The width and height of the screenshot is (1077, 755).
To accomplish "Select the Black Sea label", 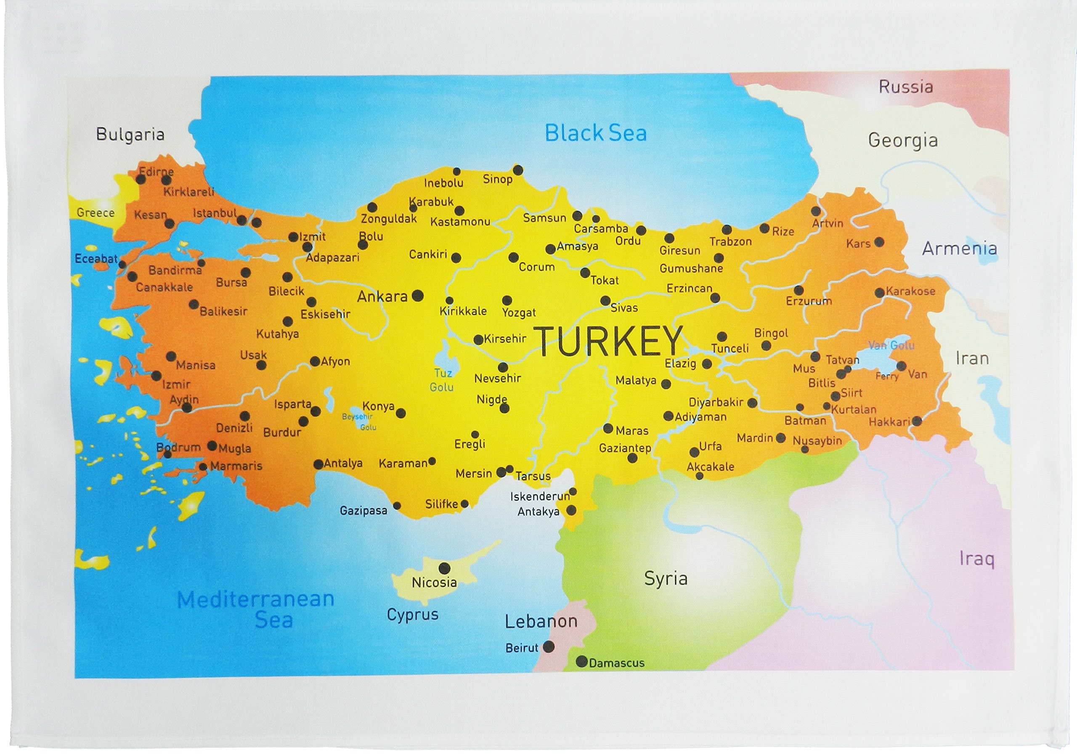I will click(595, 133).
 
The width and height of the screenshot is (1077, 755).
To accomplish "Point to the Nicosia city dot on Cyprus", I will click(444, 568).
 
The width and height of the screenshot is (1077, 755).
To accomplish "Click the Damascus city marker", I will click(582, 662).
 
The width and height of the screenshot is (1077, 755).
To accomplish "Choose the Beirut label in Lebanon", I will click(522, 648).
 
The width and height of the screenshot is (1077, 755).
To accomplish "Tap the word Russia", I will click(905, 87).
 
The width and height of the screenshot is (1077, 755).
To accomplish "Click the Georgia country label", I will click(902, 140).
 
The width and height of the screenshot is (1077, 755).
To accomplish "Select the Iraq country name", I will click(976, 559).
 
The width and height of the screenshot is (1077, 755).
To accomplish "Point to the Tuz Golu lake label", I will click(442, 380).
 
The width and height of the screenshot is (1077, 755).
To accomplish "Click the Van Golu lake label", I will click(891, 345).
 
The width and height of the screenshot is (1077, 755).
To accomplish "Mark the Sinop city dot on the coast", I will click(518, 170).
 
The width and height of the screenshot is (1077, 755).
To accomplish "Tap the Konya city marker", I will click(401, 413).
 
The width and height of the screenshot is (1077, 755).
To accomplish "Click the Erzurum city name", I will click(809, 301).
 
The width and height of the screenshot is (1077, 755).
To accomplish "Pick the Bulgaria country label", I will click(130, 135).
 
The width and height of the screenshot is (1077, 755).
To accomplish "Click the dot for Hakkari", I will click(917, 421).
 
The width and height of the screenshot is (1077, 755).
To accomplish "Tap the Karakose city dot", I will click(880, 293).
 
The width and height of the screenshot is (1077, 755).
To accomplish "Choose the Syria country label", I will click(666, 579).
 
